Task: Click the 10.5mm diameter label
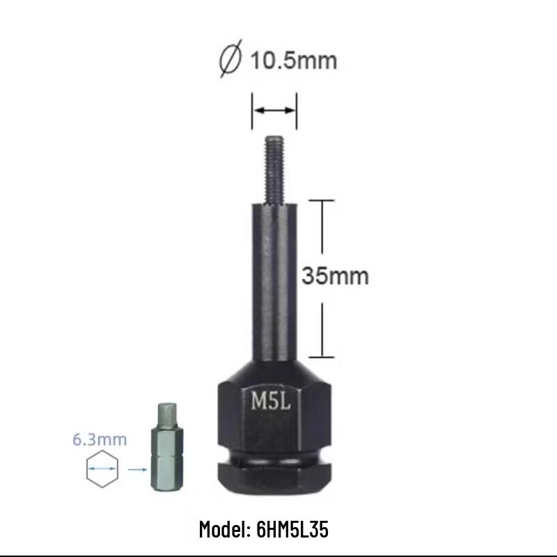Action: (x=292, y=60)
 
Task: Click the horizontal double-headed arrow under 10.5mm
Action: (x=274, y=110)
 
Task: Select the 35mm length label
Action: (x=334, y=276)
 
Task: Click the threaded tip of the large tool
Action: (x=274, y=164)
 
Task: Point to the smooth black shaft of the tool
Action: (x=274, y=278)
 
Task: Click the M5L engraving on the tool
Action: (x=270, y=402)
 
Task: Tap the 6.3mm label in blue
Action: (x=100, y=439)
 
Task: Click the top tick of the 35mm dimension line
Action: (x=322, y=200)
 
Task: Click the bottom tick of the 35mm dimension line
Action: (x=322, y=356)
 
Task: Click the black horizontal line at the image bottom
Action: (x=278, y=555)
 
